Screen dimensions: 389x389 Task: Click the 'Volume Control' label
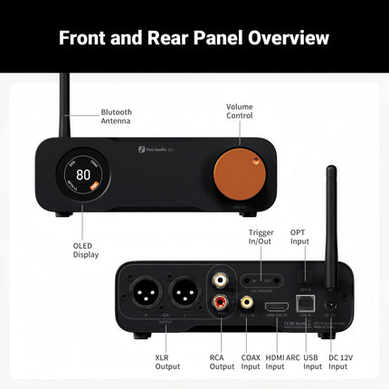(x=239, y=111)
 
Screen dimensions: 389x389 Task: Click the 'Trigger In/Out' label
(x=261, y=239)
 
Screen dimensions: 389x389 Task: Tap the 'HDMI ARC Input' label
(x=280, y=362)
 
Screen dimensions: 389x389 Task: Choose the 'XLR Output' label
(x=167, y=362)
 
